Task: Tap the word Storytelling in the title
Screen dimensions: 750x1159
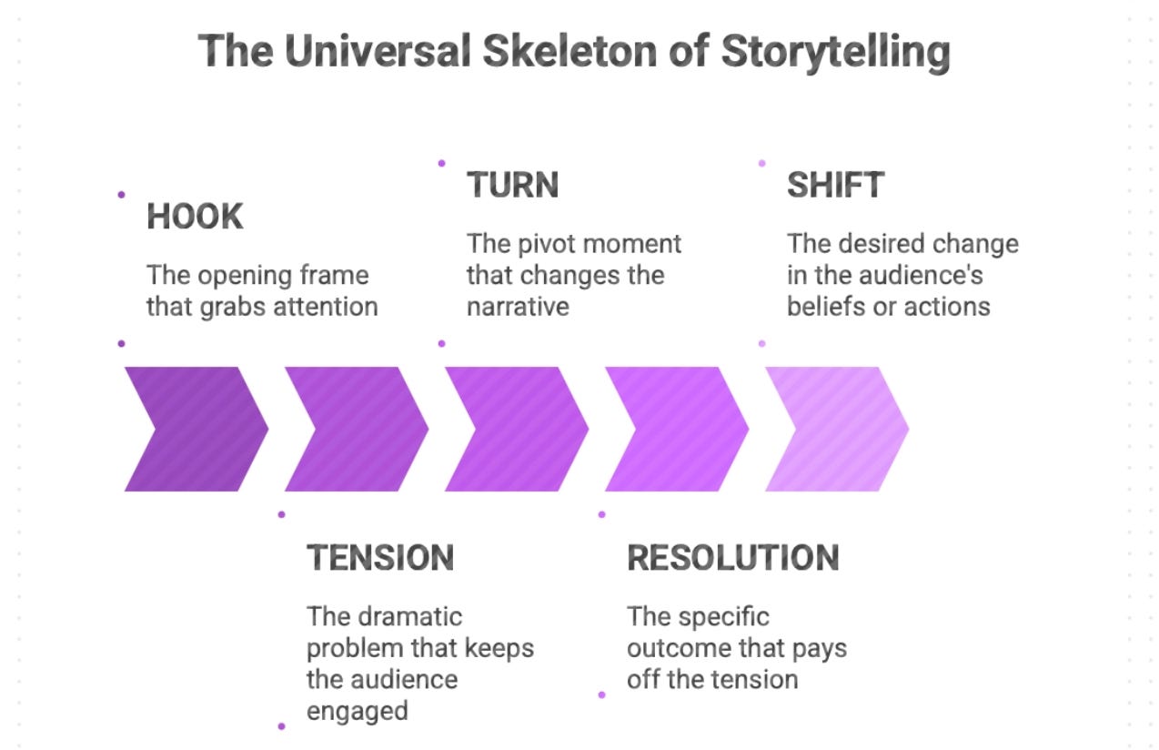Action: click(835, 52)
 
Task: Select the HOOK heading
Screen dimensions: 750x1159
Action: click(195, 217)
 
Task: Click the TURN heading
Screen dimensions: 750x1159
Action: click(512, 185)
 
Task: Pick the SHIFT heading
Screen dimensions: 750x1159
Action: click(835, 185)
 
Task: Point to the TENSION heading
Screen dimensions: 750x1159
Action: click(379, 557)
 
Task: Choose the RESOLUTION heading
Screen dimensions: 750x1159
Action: click(732, 557)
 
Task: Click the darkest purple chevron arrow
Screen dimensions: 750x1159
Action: click(195, 429)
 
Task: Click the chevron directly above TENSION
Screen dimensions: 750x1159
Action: click(355, 429)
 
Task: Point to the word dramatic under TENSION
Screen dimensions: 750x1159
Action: click(411, 616)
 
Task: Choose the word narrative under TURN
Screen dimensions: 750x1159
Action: click(518, 307)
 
